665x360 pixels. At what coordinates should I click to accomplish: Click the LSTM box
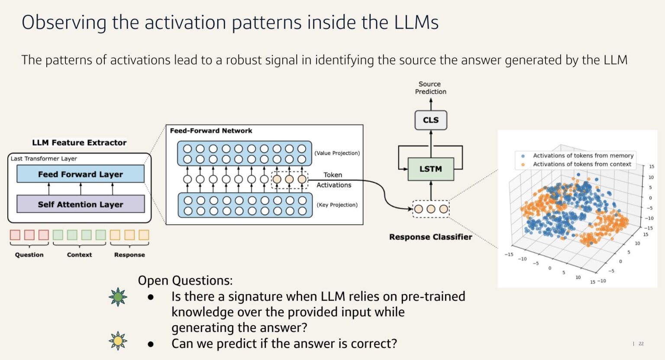(430, 169)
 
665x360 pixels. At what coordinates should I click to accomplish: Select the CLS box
(431, 120)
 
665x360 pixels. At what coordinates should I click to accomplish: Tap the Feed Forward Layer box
(81, 174)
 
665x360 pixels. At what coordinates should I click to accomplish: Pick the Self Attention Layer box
(81, 204)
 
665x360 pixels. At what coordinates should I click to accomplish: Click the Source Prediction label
(430, 88)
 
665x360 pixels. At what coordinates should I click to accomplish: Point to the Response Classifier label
(430, 237)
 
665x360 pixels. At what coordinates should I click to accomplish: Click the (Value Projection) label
(337, 153)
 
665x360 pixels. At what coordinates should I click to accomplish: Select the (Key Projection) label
(337, 205)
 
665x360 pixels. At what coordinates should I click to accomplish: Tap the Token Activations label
(333, 180)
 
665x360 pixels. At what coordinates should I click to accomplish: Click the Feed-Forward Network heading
(211, 131)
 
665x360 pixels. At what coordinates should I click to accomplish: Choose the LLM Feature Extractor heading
(79, 143)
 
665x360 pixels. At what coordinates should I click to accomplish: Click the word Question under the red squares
(29, 255)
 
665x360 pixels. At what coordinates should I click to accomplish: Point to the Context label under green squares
(79, 255)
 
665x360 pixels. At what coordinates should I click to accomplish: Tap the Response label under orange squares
(129, 255)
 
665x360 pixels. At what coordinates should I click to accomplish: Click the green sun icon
(118, 297)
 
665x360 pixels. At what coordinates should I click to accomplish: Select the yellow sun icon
(118, 341)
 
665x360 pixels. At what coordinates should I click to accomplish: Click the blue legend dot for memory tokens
(523, 156)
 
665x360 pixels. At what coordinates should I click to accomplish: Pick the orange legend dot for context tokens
(523, 164)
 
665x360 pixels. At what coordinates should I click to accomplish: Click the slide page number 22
(641, 344)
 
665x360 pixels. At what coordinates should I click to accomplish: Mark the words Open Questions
(185, 280)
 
